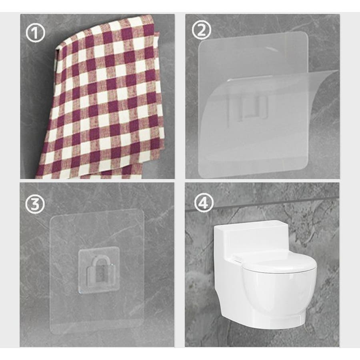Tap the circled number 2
click(x=201, y=30)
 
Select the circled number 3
click(x=35, y=204)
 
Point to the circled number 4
click(x=204, y=203)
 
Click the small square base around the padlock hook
click(x=99, y=271)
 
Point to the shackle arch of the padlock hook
click(x=99, y=261)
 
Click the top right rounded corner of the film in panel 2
click(x=304, y=35)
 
